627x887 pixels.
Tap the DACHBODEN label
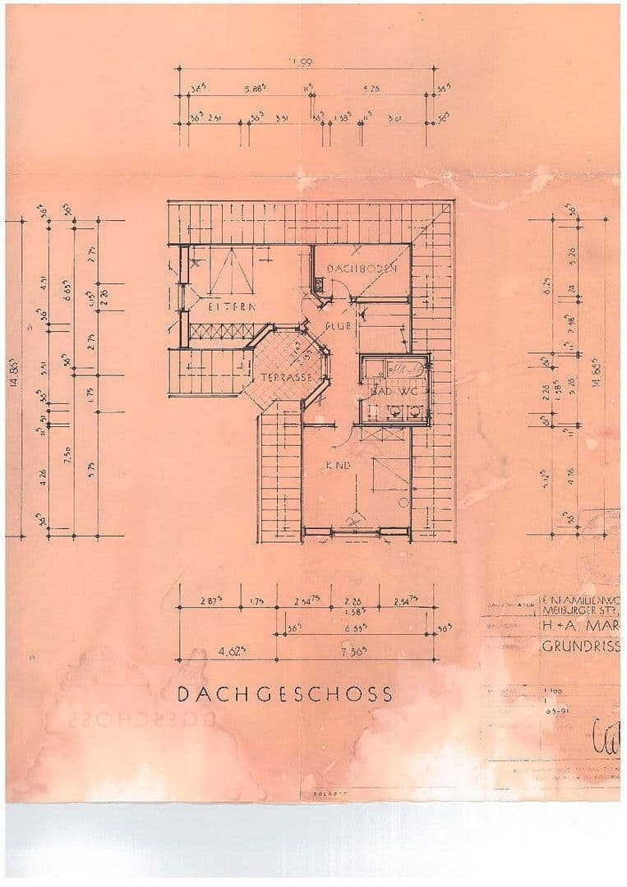(x=363, y=269)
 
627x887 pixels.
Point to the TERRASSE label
(x=285, y=379)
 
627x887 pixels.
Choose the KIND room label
(x=339, y=465)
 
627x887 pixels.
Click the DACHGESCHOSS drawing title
(x=285, y=694)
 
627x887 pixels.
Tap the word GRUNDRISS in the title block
(x=580, y=646)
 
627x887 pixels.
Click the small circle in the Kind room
(x=403, y=501)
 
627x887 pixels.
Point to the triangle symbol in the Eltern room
(x=233, y=273)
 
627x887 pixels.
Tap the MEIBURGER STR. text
(x=580, y=609)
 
